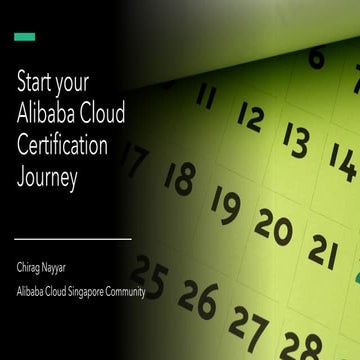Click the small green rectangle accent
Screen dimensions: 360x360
(25, 37)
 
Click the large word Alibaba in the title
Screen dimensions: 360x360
(48, 114)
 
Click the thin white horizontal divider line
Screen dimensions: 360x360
(73, 239)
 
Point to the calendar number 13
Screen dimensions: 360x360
(295, 139)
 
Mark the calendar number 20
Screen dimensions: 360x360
(273, 227)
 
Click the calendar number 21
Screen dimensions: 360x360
(322, 251)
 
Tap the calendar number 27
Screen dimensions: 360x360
(248, 322)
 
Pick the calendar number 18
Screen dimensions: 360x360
(180, 178)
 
